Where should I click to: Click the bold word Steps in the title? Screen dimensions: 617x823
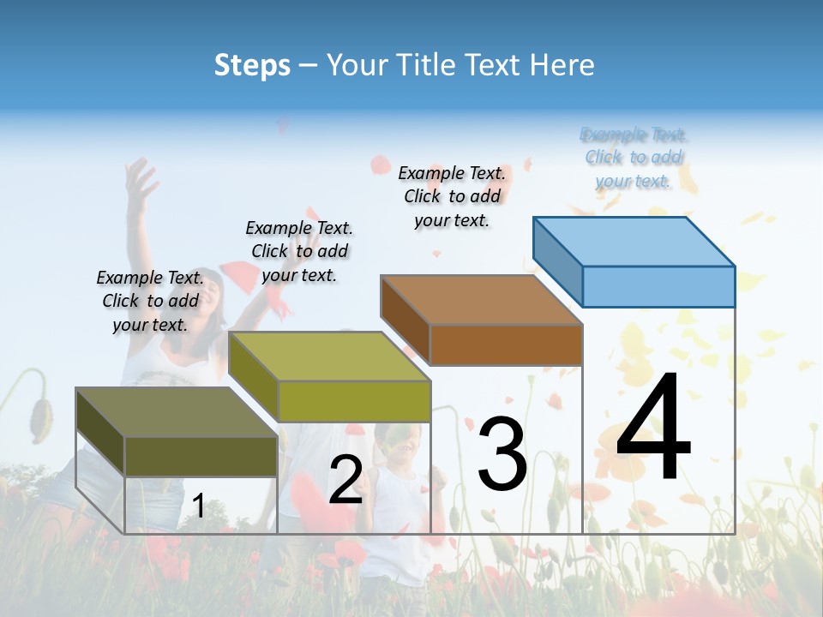tap(252, 65)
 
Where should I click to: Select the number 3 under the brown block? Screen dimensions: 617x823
tap(502, 454)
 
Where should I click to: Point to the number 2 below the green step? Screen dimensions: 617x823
tap(345, 480)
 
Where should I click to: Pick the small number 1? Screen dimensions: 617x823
tap(198, 506)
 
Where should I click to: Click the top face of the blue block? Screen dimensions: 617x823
tap(634, 241)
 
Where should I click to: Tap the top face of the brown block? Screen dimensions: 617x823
tap(481, 300)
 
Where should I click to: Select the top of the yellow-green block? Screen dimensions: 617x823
tap(329, 356)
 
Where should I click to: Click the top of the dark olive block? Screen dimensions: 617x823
tap(177, 412)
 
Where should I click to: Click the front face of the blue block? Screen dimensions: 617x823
tap(658, 286)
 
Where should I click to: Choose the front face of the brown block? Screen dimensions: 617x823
tap(506, 344)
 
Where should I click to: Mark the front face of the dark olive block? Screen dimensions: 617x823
tap(201, 456)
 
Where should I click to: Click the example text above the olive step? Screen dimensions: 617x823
tap(150, 301)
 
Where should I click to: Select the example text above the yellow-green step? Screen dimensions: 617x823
tap(299, 251)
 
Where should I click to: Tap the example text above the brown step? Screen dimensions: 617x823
tap(452, 196)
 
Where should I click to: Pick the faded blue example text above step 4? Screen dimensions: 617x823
tap(634, 158)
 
